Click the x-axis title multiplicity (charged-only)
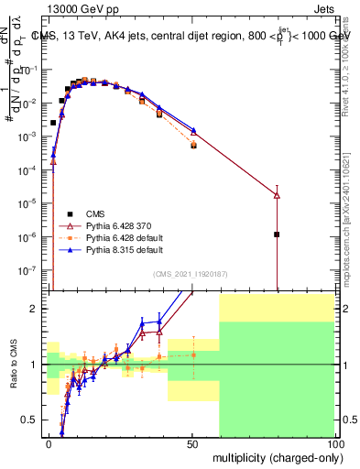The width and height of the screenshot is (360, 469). (x=272, y=456)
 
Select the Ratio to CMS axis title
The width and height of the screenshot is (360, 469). (x=12, y=363)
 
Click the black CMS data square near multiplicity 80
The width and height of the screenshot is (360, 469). (x=277, y=234)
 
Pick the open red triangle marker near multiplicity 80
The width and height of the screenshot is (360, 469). (x=277, y=195)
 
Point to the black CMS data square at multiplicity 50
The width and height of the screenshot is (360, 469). (x=193, y=146)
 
